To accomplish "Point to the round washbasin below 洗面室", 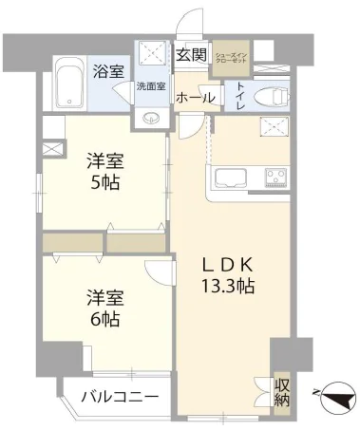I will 151,118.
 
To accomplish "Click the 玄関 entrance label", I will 191,55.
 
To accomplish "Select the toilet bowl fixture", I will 269,94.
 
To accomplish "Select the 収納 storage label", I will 282,392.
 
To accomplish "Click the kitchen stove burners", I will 275,178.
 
